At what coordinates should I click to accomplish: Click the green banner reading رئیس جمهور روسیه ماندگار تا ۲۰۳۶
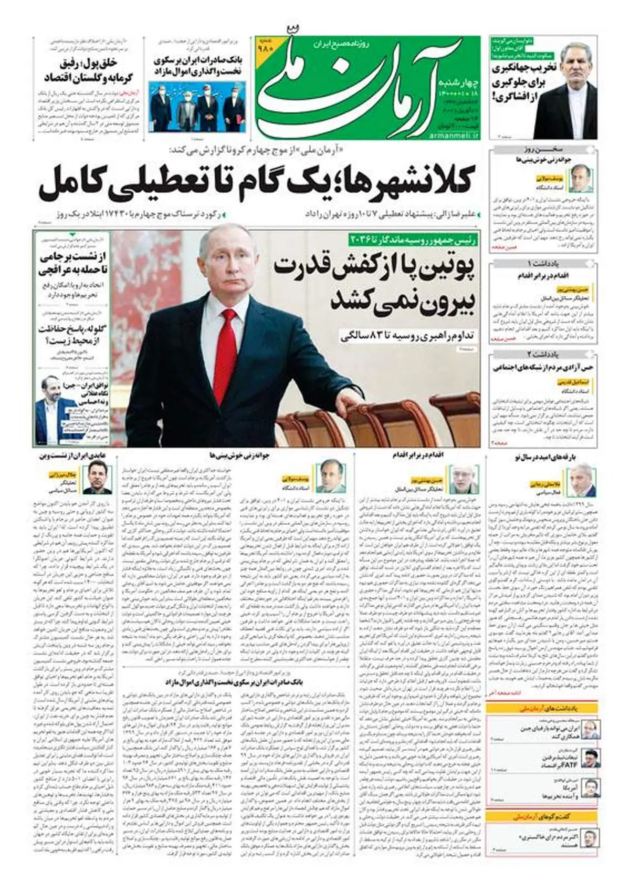413,239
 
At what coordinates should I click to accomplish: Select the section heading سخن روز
543,150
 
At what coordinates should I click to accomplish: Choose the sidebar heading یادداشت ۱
543,263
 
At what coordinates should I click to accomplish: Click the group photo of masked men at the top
197,102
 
